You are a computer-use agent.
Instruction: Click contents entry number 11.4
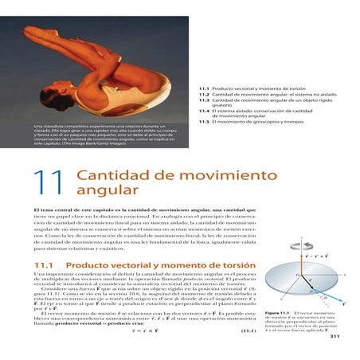[x=205, y=109]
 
